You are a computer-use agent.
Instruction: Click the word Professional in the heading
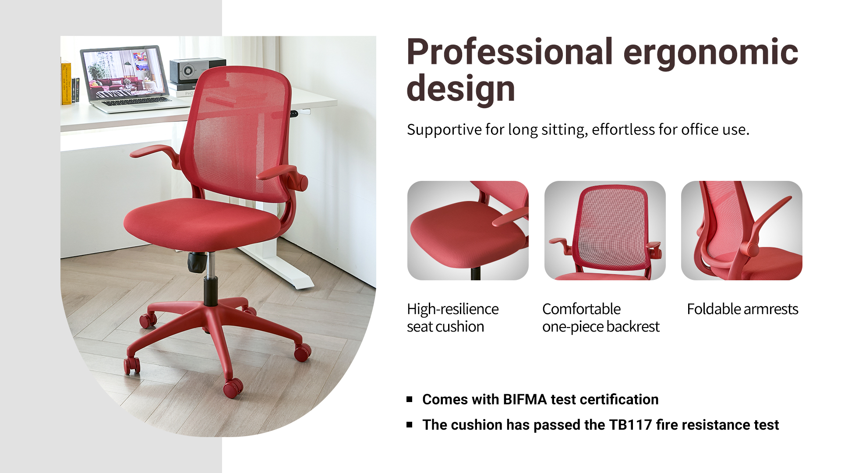click(510, 52)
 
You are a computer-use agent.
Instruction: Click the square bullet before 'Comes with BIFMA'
click(410, 399)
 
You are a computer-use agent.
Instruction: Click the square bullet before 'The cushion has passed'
click(410, 424)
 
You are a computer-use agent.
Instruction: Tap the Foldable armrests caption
click(742, 309)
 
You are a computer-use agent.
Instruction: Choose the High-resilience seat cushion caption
click(452, 318)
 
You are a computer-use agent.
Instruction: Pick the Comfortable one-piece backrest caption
click(601, 318)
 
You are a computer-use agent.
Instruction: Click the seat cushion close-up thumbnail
click(468, 230)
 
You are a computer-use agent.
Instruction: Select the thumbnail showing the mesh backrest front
click(605, 230)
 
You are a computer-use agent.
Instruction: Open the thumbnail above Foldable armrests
click(742, 230)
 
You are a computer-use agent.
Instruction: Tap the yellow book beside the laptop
click(66, 83)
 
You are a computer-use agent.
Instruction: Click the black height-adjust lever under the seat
click(197, 262)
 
